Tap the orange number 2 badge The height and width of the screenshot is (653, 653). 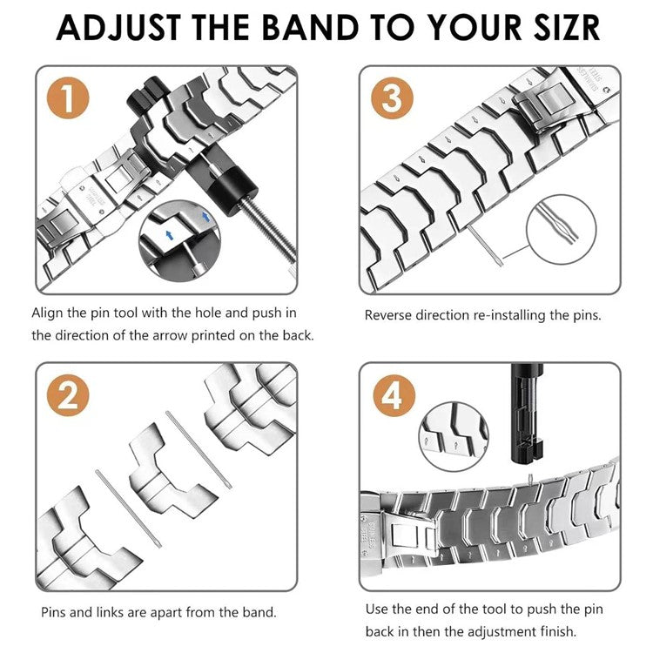(67, 398)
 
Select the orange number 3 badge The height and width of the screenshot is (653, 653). (392, 98)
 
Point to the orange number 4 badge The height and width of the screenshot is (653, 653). (392, 398)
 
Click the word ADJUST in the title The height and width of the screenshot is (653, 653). (122, 27)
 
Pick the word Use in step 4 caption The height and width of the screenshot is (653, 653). (377, 609)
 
